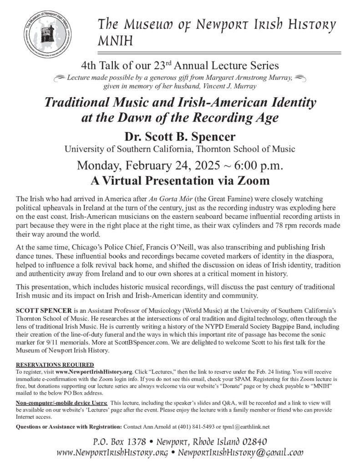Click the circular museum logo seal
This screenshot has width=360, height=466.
point(48,34)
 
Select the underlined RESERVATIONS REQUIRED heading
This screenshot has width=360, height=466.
point(55,365)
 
